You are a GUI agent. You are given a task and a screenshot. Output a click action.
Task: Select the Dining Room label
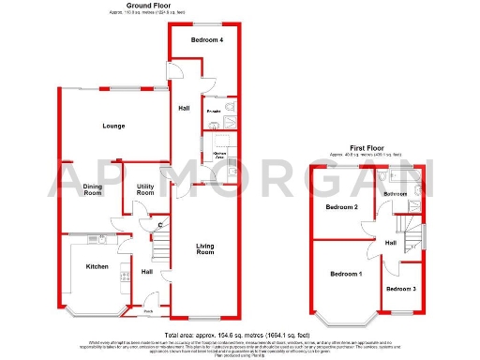(x=93, y=190)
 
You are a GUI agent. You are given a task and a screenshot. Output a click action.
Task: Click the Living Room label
(x=205, y=249)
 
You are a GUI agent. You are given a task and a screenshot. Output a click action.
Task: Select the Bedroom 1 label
(x=346, y=274)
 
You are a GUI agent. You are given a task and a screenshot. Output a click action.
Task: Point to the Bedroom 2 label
(x=341, y=206)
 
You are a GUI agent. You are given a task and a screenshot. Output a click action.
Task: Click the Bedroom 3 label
(x=401, y=289)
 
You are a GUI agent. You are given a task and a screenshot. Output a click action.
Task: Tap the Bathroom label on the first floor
(x=397, y=193)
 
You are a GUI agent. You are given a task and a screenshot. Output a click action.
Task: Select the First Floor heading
(x=369, y=148)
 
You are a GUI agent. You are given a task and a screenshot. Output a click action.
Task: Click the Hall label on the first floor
(x=390, y=243)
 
